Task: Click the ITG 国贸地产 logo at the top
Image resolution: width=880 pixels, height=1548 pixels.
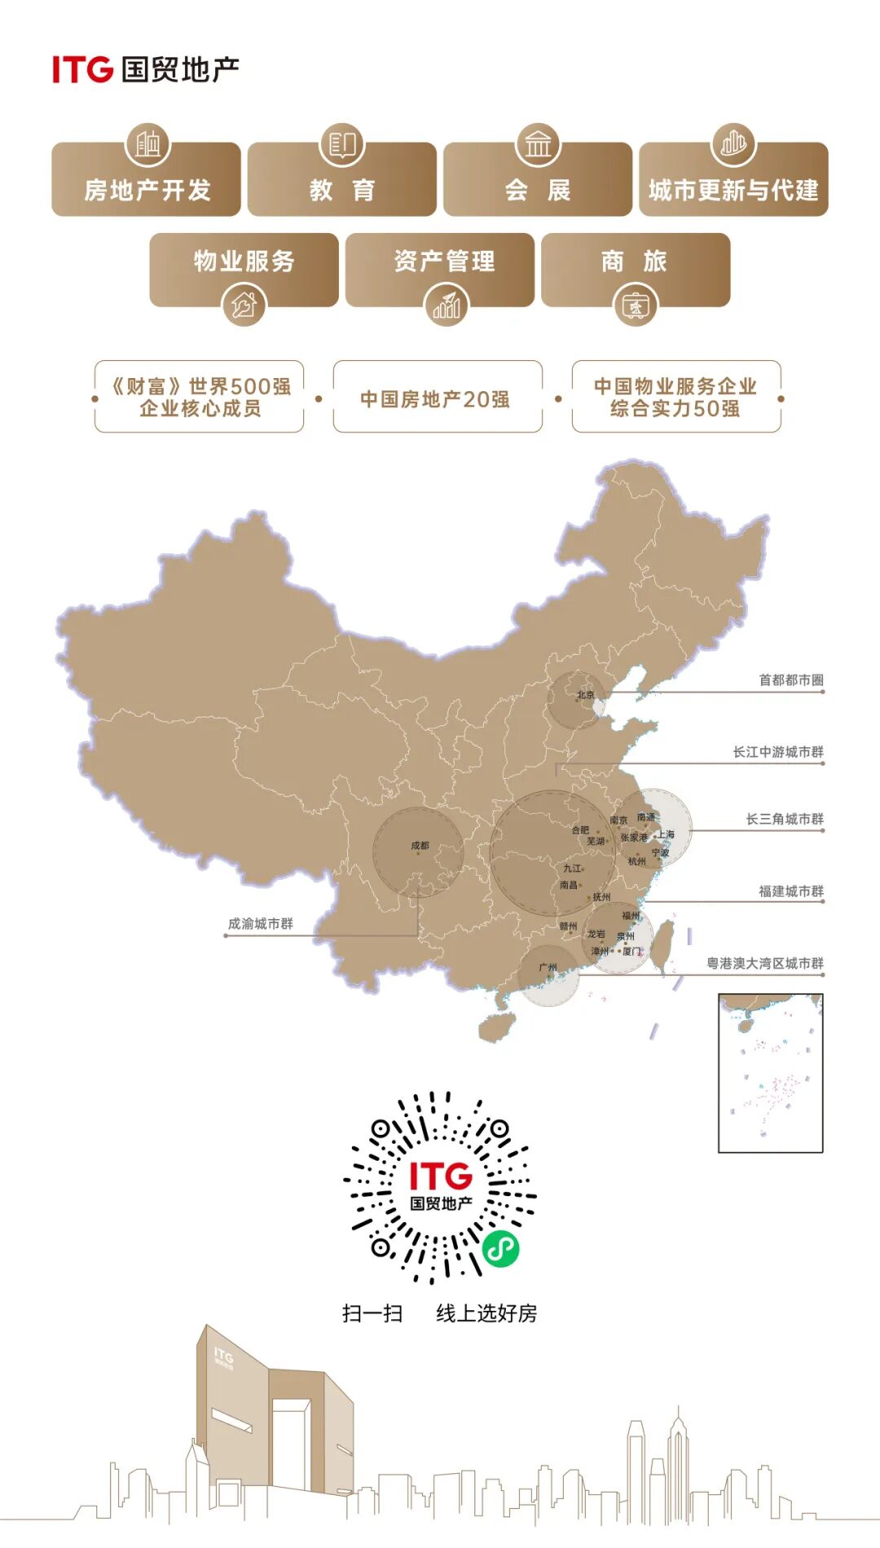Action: tap(145, 69)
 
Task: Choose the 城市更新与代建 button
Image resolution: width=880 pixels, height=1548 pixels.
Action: tap(733, 189)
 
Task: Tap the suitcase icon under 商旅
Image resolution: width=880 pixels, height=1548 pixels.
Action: tap(635, 306)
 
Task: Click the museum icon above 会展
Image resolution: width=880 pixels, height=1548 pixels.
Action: tap(538, 145)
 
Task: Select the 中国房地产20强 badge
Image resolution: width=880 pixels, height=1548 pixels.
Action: tap(437, 398)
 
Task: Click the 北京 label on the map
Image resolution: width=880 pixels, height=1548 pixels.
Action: tap(586, 695)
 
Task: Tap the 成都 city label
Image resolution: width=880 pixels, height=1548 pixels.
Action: tap(420, 846)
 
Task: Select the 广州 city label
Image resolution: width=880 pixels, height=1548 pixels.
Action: tap(548, 967)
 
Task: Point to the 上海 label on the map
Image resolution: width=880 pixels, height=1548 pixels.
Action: tap(666, 834)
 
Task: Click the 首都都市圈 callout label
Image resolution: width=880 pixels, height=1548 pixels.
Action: tap(790, 680)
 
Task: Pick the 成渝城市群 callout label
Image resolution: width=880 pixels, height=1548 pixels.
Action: tap(260, 924)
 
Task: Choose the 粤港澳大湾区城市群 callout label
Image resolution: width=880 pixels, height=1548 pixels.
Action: tap(764, 964)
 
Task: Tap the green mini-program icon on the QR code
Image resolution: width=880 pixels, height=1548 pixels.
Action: tap(500, 1247)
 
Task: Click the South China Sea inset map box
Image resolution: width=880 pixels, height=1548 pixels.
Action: tap(770, 1073)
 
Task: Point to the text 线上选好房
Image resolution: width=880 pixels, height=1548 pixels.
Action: tap(486, 1313)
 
